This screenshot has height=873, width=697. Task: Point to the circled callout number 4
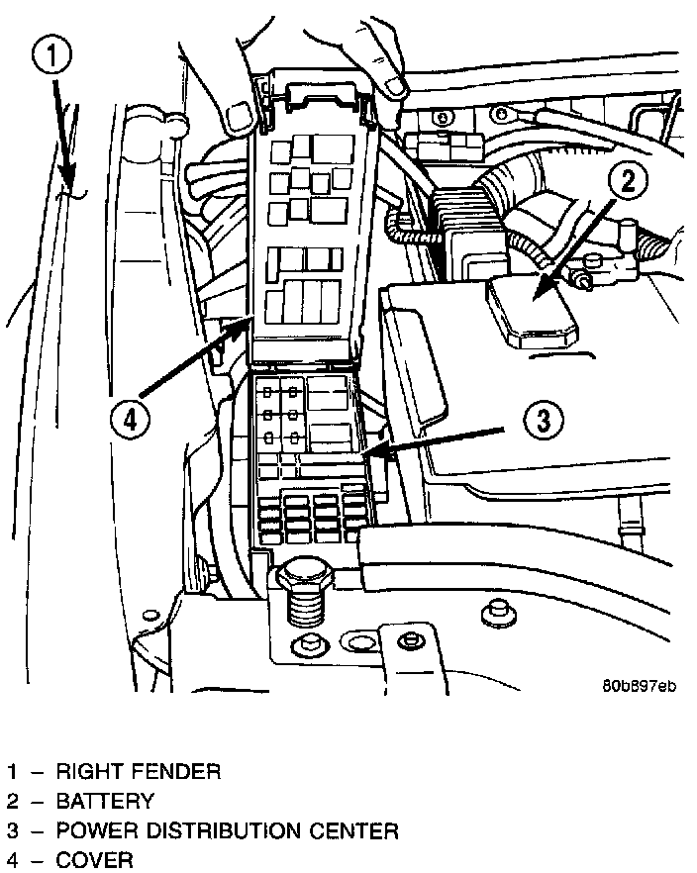coord(128,417)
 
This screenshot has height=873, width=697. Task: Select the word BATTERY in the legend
coord(105,801)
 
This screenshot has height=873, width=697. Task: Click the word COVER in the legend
coord(94,859)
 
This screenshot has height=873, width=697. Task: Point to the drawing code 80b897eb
coord(638,685)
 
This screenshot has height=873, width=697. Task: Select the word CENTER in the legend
coord(361,830)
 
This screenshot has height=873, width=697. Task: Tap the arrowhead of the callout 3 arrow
coord(369,453)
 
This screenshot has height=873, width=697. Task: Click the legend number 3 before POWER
coord(13,830)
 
